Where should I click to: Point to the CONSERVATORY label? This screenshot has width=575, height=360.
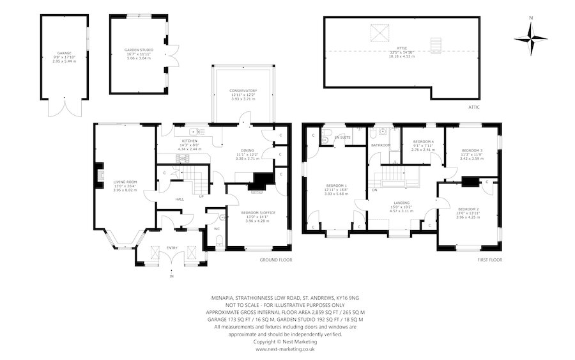tap(243, 91)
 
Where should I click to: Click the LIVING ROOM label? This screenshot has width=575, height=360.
tap(125, 182)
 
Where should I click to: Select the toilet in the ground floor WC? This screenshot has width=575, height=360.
tap(218, 241)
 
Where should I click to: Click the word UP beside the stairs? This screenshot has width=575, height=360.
tap(201, 196)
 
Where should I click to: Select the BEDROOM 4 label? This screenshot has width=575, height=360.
tap(423, 141)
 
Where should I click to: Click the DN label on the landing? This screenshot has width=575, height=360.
tap(374, 190)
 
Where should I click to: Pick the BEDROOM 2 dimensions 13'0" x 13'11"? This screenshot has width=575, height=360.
tap(468, 214)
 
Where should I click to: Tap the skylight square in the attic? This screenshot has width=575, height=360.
tap(378, 32)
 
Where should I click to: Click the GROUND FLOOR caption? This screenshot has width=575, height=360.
tap(275, 260)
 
